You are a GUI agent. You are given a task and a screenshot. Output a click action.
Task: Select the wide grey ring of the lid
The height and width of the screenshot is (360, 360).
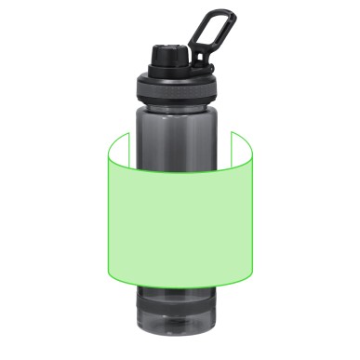coord(180,87)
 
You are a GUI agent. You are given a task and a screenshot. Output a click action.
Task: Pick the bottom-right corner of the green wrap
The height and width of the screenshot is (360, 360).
coord(252,277)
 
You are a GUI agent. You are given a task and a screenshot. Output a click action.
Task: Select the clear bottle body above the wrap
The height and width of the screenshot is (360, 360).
coord(180,126)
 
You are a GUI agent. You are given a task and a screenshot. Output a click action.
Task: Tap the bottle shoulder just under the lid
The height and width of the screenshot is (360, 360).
coord(180,104)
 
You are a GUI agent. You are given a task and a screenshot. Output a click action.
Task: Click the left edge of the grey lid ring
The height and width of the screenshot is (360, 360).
coord(138,87)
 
